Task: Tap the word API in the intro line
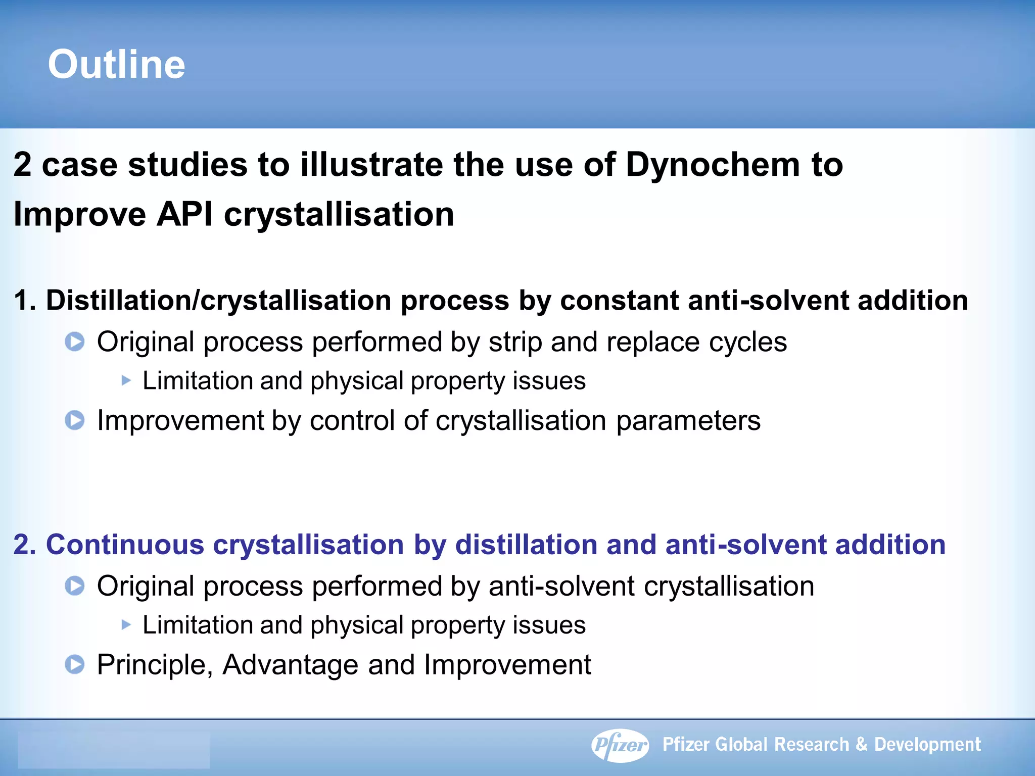(184, 214)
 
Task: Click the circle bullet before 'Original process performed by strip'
(75, 342)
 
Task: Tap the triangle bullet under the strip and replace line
(126, 380)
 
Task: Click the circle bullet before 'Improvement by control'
(75, 420)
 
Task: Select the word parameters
(688, 420)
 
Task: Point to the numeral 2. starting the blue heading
(24, 545)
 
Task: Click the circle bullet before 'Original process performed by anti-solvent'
(75, 586)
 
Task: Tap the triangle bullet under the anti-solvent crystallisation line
(126, 625)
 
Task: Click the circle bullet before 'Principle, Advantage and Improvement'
(75, 664)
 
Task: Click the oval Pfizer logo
(620, 745)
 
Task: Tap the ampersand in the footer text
(862, 744)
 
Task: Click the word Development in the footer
(927, 745)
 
